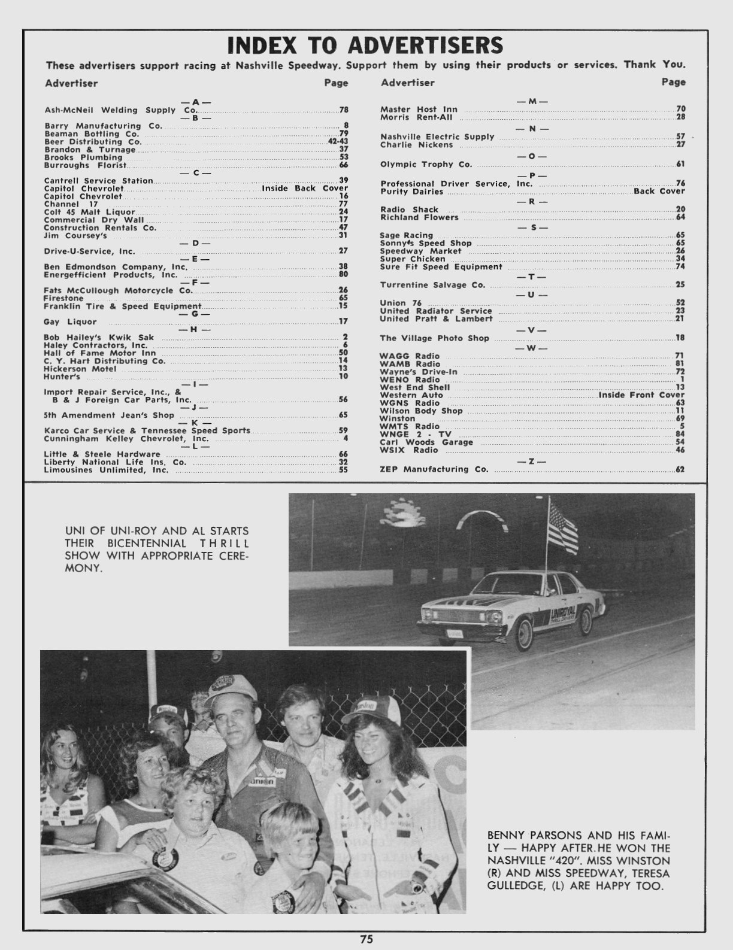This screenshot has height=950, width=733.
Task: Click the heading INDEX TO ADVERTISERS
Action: click(365, 45)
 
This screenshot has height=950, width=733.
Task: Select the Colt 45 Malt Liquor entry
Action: click(90, 212)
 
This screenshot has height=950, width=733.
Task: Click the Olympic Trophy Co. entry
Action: click(426, 164)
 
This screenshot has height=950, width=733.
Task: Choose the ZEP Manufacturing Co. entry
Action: click(434, 469)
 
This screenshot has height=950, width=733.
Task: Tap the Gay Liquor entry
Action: click(70, 321)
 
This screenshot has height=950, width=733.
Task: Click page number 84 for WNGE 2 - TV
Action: click(680, 434)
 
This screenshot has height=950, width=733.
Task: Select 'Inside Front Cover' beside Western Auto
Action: click(641, 395)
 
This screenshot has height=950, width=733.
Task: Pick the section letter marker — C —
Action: click(195, 173)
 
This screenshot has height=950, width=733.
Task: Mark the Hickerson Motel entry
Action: click(80, 369)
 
